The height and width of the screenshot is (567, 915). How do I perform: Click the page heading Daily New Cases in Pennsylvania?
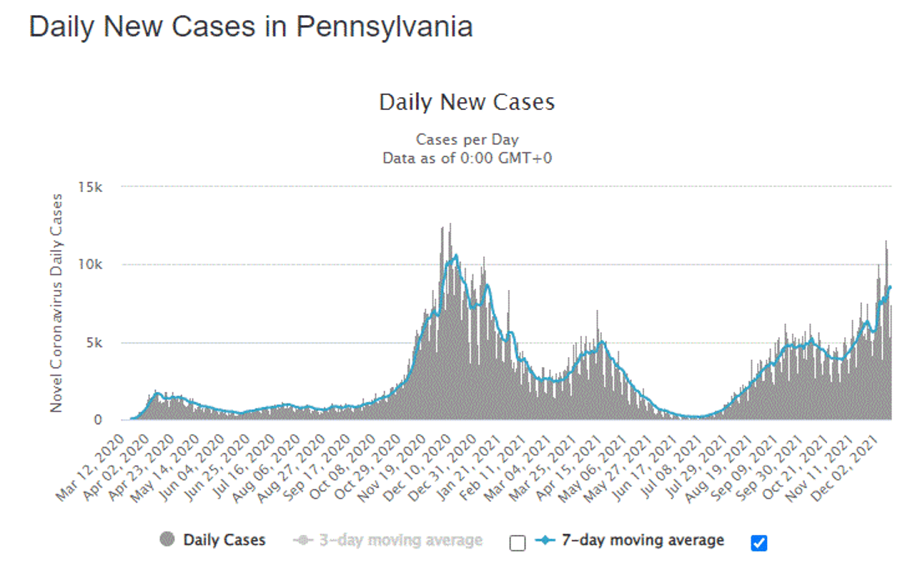tap(250, 27)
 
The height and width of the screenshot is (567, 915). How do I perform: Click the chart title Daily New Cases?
tap(467, 102)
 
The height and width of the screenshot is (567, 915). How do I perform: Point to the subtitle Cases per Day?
tap(467, 140)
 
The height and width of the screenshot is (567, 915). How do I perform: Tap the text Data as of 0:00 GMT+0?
tap(467, 158)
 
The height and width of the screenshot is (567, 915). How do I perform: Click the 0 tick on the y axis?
tap(99, 420)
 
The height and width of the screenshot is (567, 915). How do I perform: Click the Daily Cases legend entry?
tap(224, 540)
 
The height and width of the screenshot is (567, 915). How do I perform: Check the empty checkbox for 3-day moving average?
tap(518, 543)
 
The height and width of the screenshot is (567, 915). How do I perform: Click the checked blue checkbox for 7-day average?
tap(759, 543)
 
